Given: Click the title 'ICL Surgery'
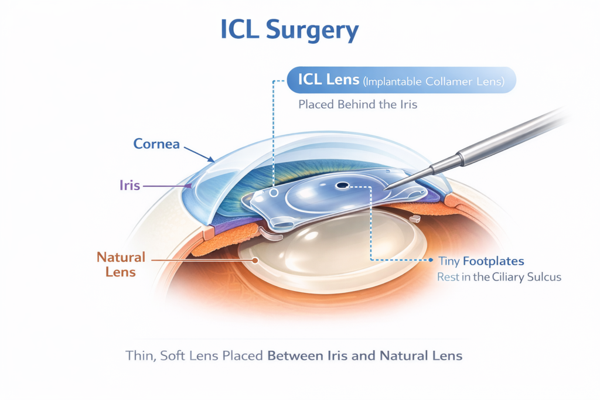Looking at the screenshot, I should (x=289, y=30).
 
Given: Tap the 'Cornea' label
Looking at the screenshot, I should (x=156, y=143).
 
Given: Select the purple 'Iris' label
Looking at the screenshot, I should (x=129, y=186).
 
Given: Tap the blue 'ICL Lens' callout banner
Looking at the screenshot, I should (x=401, y=81).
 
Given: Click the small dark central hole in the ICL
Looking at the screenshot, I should (x=341, y=187).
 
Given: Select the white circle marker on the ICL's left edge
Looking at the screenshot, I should (x=274, y=192).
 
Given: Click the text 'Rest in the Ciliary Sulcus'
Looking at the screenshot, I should (x=499, y=277).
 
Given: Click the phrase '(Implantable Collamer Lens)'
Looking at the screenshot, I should (x=434, y=82).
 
